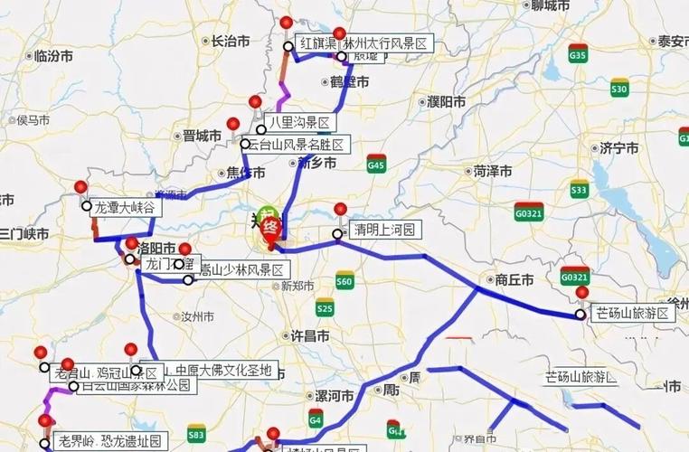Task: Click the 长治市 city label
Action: click(230, 41)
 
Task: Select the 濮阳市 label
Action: click(447, 101)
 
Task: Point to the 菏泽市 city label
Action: click(493, 171)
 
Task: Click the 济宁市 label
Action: click(619, 148)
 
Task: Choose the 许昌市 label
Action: click(309, 335)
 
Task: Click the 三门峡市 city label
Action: click(24, 234)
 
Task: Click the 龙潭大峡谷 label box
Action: click(125, 207)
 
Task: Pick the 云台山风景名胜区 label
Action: click(297, 145)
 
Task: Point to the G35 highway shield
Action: click(578, 56)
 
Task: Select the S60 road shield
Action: click(344, 282)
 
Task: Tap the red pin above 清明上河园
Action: click(340, 210)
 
